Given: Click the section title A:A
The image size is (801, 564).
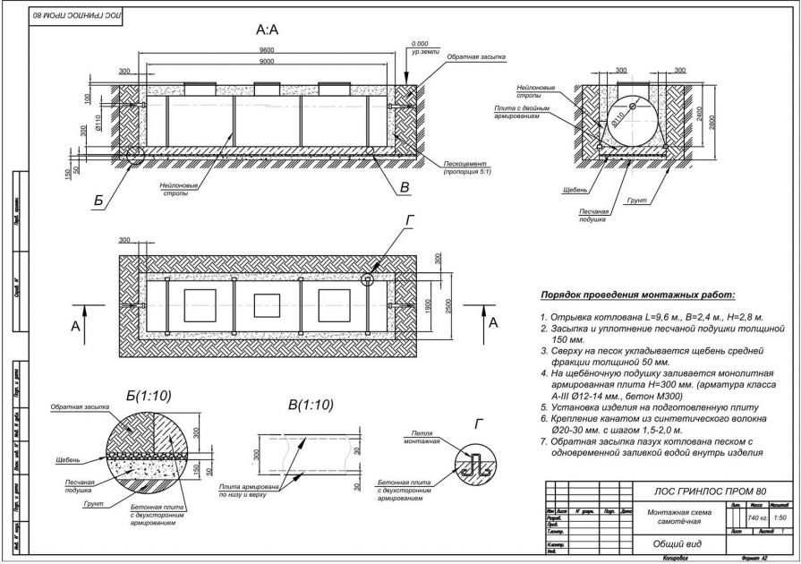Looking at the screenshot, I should (x=268, y=30).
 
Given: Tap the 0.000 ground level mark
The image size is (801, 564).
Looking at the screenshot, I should (x=419, y=43).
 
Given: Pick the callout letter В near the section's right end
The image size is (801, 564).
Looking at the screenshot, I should (x=405, y=188).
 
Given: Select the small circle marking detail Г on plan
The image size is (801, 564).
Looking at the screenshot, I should (x=367, y=279).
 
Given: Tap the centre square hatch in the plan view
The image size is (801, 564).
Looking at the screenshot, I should (x=266, y=306).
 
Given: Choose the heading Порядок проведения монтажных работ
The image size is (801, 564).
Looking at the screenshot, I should (x=636, y=295).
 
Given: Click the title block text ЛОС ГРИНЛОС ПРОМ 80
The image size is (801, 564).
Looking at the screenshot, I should (x=694, y=491).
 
